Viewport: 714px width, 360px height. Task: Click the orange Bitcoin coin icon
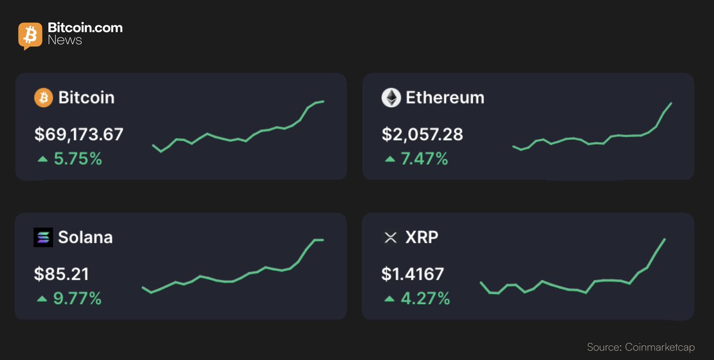click(43, 98)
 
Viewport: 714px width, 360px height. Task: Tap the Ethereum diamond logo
click(391, 98)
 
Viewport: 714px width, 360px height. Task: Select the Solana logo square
click(43, 237)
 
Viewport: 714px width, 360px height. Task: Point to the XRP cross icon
click(390, 238)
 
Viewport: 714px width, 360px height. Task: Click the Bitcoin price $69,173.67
click(79, 134)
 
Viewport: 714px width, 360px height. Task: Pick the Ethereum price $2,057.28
click(422, 134)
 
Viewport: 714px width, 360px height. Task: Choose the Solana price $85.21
click(62, 274)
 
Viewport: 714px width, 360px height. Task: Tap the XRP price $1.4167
click(413, 274)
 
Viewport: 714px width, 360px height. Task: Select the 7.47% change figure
click(425, 159)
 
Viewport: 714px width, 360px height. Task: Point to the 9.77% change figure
click(78, 299)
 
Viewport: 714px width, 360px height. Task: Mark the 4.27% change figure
click(425, 299)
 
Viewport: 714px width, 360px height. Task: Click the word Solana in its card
click(85, 237)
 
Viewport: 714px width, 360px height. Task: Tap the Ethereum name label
click(445, 98)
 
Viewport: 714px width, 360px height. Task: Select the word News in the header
click(65, 40)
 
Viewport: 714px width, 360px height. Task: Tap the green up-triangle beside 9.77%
click(42, 299)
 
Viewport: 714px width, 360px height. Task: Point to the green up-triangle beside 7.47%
click(389, 159)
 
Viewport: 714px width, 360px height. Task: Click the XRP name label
click(422, 237)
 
